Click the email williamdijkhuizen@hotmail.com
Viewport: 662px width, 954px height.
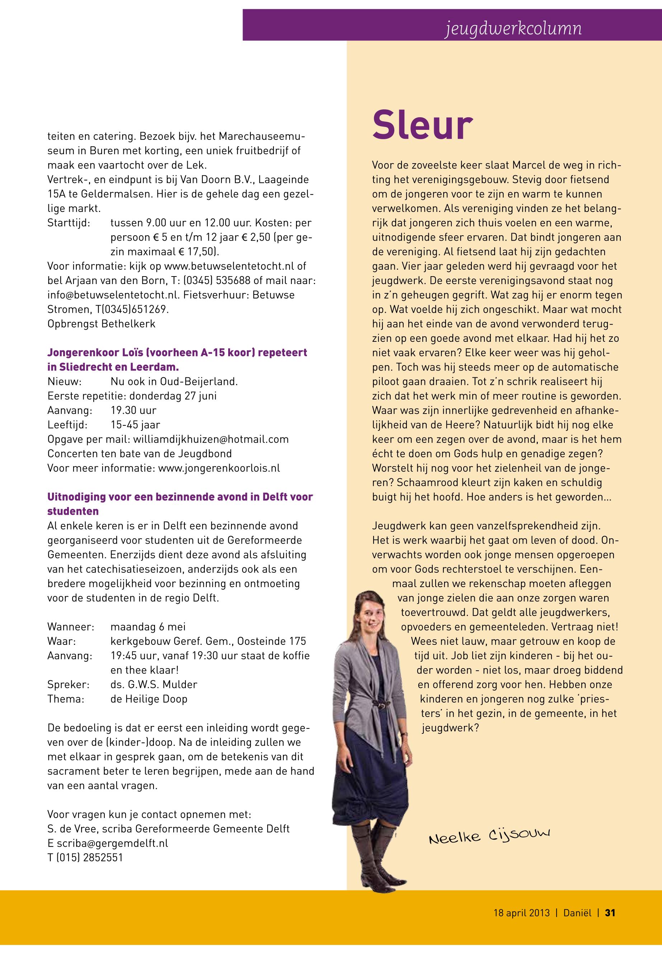[210, 439]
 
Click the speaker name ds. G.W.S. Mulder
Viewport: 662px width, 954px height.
[154, 685]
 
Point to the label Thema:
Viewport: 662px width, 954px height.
[66, 699]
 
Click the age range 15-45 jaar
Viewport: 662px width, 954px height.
[135, 425]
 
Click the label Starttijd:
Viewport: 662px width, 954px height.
[69, 223]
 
